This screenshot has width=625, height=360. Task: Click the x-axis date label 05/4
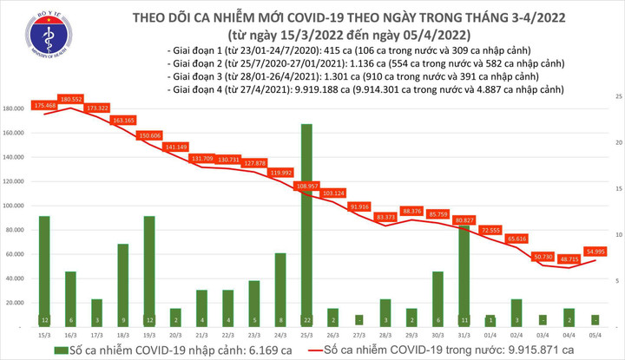(x=596, y=334)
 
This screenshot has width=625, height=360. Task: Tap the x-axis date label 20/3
(x=175, y=334)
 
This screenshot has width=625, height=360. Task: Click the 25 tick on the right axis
(x=615, y=95)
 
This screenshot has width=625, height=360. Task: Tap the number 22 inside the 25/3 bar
(x=306, y=320)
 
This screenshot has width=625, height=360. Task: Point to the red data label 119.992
(x=280, y=173)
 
